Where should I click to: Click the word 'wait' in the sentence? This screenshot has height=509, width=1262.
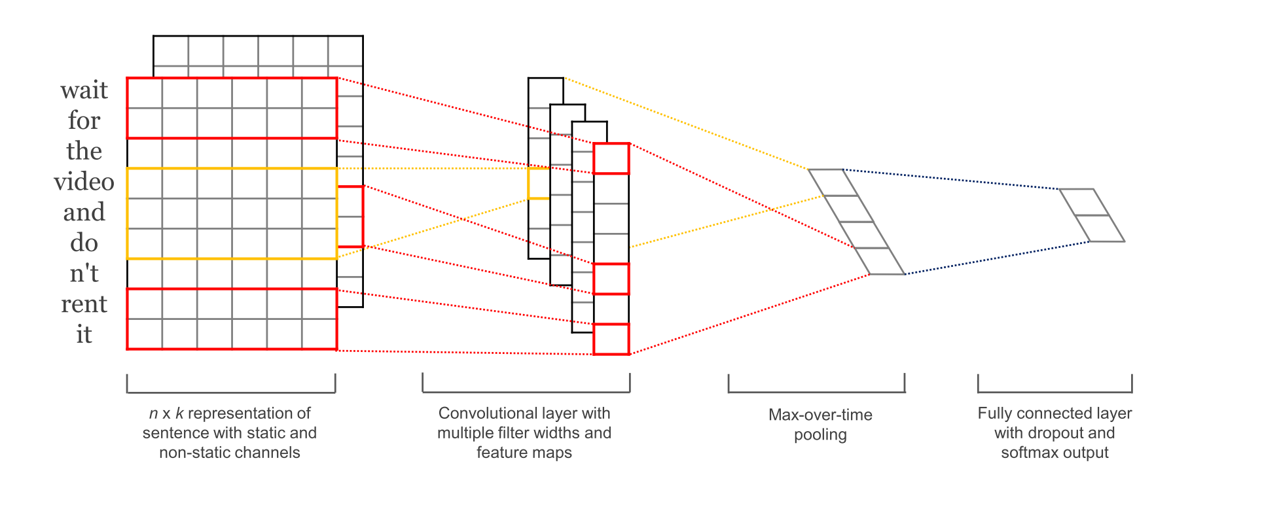pyautogui.click(x=84, y=90)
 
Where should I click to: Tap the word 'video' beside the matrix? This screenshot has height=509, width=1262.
pyautogui.click(x=84, y=182)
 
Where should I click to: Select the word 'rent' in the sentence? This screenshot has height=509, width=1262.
pyautogui.click(x=84, y=304)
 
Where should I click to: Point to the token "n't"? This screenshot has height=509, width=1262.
pyautogui.click(x=84, y=273)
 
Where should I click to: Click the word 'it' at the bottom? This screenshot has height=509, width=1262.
pyautogui.click(x=84, y=335)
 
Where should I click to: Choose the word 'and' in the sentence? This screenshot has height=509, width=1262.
pyautogui.click(x=84, y=213)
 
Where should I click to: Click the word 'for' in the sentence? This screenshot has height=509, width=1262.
pyautogui.click(x=84, y=121)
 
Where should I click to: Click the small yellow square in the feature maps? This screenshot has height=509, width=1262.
pyautogui.click(x=539, y=183)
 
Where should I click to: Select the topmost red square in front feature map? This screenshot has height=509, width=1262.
pyautogui.click(x=611, y=158)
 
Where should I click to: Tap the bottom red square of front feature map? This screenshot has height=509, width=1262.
pyautogui.click(x=611, y=339)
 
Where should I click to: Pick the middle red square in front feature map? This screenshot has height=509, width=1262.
pyautogui.click(x=611, y=279)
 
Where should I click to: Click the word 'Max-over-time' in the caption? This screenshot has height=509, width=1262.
pyautogui.click(x=820, y=415)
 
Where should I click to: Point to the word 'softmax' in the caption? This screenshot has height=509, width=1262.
pyautogui.click(x=1026, y=453)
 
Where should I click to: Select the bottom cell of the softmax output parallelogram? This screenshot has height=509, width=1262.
pyautogui.click(x=1100, y=228)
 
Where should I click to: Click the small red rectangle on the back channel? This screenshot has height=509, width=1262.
pyautogui.click(x=350, y=217)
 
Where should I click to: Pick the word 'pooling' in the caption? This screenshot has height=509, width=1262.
pyautogui.click(x=820, y=435)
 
